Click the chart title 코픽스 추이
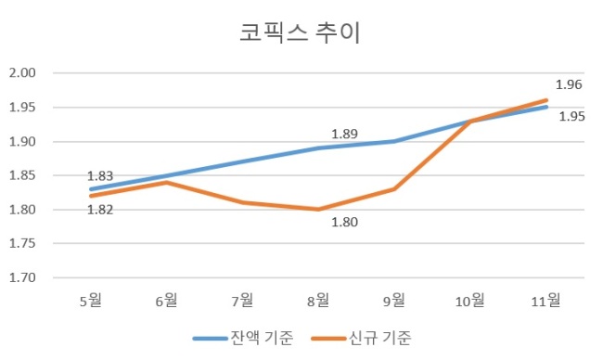pos(300,32)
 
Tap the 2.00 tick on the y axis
pos(22,72)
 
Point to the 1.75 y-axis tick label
pos(22,243)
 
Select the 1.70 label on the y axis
pos(22,277)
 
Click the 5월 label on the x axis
pos(91,300)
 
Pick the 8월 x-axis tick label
pos(318,300)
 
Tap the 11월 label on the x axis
pos(545,300)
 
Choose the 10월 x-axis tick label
pos(470,300)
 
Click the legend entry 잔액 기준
pos(243,338)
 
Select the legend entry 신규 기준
pos(361,338)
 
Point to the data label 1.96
pos(569,84)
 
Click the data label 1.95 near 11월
pos(571,116)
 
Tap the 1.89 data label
pos(344,134)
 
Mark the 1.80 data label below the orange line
pos(344,222)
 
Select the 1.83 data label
pos(100,175)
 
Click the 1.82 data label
pos(100,210)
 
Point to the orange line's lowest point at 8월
pos(318,210)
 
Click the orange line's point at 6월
pos(166,182)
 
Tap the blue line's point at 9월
pos(394,141)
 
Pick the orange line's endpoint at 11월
pos(546,100)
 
